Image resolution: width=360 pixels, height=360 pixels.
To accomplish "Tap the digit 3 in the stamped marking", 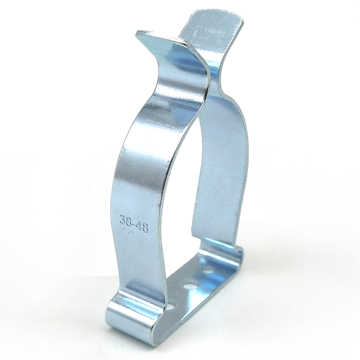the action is [122, 218].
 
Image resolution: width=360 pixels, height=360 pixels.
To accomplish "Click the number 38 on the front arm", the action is [126, 219].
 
